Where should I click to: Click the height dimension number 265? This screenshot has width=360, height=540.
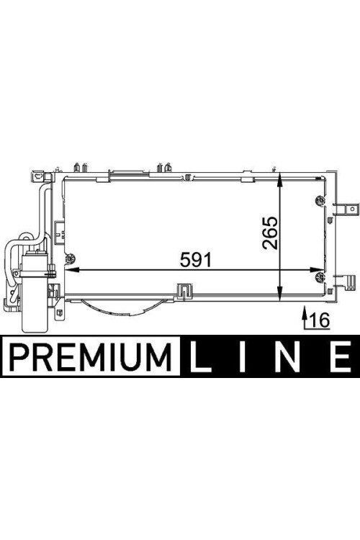click(x=270, y=233)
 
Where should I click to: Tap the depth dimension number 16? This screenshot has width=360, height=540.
click(x=320, y=320)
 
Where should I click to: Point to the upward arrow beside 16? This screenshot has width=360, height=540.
click(x=304, y=318)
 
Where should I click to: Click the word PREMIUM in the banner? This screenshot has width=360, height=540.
click(x=91, y=356)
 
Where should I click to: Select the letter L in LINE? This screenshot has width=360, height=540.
click(x=200, y=356)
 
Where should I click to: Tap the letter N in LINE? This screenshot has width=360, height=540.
click(x=288, y=356)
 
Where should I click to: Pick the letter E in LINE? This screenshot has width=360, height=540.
click(x=340, y=356)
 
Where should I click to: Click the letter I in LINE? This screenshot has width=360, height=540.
click(x=243, y=356)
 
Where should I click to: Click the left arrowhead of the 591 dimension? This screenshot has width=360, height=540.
click(x=71, y=270)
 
